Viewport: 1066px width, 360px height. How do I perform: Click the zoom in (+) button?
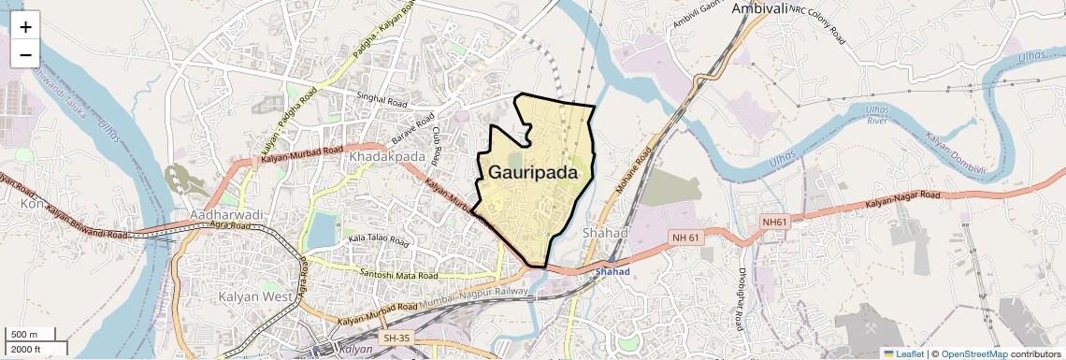click(x=25, y=26)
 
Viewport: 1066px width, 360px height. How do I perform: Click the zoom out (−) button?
click(x=25, y=54)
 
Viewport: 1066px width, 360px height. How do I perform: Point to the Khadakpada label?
click(x=386, y=157)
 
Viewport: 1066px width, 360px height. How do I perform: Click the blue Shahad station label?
click(x=613, y=272)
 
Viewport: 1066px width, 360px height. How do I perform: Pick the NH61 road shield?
click(x=775, y=222)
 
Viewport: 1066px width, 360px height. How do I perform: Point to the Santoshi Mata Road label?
click(x=398, y=275)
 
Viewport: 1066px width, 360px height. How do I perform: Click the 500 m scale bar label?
click(x=24, y=335)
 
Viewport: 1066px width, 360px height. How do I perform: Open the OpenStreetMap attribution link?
click(x=973, y=353)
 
